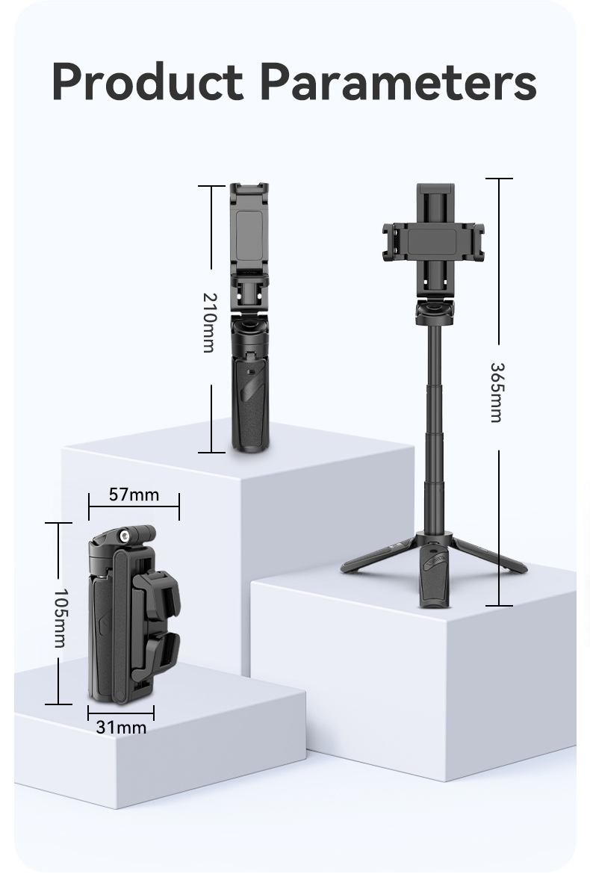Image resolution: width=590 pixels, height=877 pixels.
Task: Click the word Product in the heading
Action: click(148, 81)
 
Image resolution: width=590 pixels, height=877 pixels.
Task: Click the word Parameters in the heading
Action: click(398, 81)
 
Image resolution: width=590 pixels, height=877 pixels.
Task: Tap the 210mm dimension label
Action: click(208, 323)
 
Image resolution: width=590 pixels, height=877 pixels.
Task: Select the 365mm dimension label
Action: click(496, 393)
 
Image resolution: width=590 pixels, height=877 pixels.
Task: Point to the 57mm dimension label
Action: click(134, 495)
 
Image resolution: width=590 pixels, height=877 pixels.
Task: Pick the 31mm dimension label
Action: click(121, 727)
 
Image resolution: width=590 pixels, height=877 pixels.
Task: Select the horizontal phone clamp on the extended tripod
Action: click(433, 241)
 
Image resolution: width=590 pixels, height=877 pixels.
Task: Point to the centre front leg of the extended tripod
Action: click(433, 575)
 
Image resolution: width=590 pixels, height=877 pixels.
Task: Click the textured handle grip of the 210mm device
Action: click(250, 403)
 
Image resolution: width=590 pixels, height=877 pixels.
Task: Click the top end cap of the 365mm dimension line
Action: click(499, 179)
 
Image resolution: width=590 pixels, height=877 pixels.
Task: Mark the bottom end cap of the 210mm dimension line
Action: click(211, 452)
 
